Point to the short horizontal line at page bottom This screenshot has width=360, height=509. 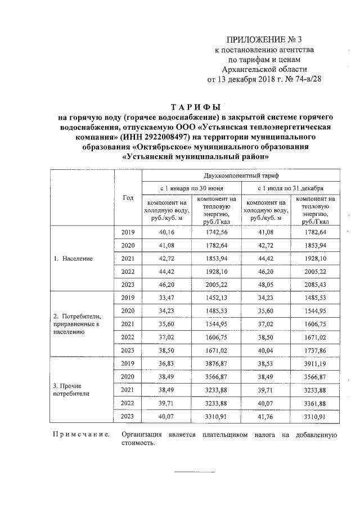(193, 471)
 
